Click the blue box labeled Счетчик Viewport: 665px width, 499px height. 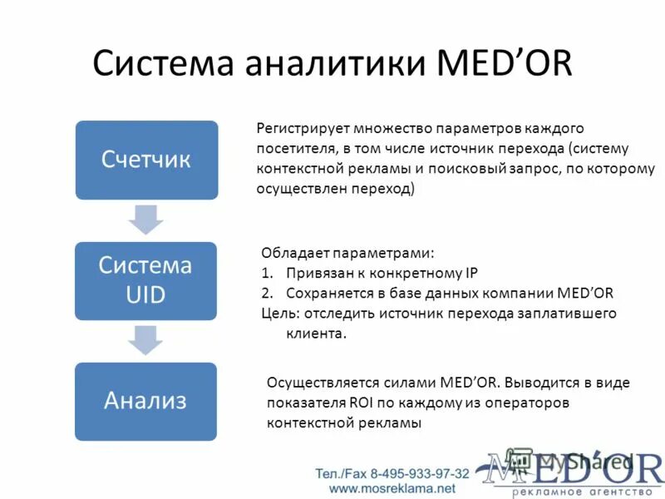tap(146, 161)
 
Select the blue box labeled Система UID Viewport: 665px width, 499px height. tap(145, 280)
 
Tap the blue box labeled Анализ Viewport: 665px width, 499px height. tap(145, 401)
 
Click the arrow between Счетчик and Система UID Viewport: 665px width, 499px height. tap(145, 220)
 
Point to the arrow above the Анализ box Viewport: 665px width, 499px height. tap(145, 340)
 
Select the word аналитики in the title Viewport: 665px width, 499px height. tap(342, 64)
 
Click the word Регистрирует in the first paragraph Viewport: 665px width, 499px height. tap(301, 129)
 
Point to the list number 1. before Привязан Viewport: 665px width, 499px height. tap(267, 273)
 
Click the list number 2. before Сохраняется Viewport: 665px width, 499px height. tap(267, 294)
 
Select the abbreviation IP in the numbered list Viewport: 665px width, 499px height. tap(470, 273)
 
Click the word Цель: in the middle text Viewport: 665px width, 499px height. tap(280, 314)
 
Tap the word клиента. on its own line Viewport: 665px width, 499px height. tap(315, 333)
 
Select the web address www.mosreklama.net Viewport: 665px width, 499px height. tap(393, 488)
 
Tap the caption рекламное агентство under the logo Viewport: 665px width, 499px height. tap(581, 492)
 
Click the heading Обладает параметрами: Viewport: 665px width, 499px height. tap(347, 253)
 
